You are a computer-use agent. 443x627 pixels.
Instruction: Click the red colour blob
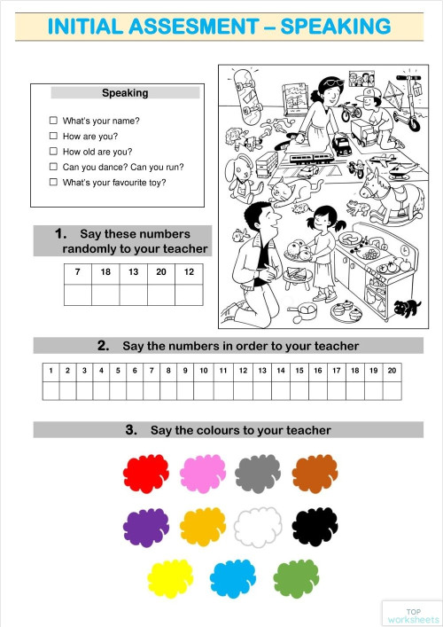[145, 473]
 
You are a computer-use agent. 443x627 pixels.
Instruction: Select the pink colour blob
[203, 473]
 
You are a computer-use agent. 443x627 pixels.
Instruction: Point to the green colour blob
[296, 578]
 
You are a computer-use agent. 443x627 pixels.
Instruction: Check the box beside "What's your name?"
[53, 121]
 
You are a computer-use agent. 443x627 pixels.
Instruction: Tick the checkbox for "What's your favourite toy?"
[53, 182]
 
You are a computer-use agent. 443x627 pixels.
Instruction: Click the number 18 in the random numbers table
[105, 272]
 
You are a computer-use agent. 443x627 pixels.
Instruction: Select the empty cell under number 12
[188, 294]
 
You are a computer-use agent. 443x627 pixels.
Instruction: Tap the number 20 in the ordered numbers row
[391, 371]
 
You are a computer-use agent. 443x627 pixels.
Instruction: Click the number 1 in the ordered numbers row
[51, 371]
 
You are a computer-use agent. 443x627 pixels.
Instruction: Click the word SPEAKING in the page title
[335, 27]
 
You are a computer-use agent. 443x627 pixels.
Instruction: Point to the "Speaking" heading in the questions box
[125, 92]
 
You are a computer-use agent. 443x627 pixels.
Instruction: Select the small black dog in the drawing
[407, 308]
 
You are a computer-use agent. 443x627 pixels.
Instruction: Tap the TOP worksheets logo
[412, 614]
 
